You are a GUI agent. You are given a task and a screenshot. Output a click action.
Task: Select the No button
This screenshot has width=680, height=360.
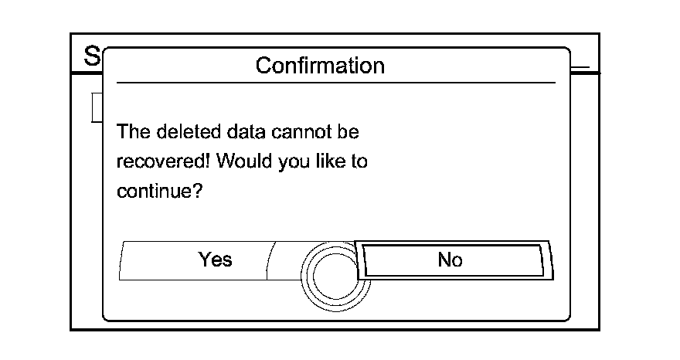(450, 260)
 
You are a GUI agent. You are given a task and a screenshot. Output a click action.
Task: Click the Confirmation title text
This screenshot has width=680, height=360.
(320, 66)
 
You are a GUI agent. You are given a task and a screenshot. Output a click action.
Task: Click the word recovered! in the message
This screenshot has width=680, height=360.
(163, 161)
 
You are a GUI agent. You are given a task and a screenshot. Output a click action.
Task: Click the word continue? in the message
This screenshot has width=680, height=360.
(159, 191)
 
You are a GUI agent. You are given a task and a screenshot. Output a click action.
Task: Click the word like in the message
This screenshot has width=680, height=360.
(327, 161)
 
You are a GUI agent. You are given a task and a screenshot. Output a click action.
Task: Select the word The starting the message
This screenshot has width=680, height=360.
(132, 131)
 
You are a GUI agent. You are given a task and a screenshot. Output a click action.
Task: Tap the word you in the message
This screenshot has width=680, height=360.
(287, 163)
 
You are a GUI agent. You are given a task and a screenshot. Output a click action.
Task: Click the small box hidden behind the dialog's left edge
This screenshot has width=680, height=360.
(97, 107)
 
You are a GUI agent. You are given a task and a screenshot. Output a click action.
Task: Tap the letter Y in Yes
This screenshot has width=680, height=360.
(205, 260)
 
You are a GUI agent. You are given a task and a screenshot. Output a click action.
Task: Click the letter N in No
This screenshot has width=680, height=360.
(444, 260)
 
